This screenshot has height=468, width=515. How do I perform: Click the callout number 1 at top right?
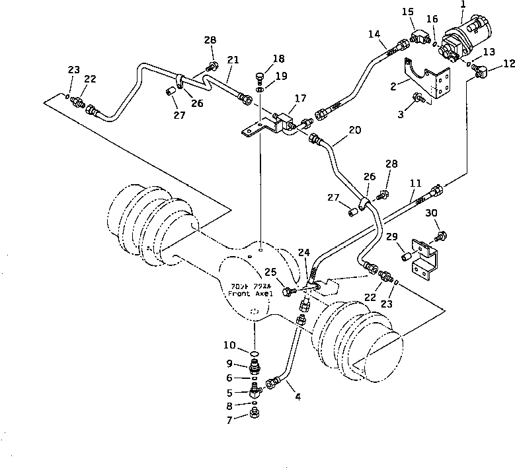pos(463,5)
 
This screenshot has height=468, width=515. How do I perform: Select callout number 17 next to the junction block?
pos(300,99)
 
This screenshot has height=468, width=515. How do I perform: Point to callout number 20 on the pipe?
pos(354,131)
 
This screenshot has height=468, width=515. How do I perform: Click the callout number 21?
pos(232,60)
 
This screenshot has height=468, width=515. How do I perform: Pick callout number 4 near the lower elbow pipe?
pos(297,397)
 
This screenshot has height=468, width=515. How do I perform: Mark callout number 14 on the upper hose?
pos(374,34)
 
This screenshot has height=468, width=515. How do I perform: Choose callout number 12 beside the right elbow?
pos(508,64)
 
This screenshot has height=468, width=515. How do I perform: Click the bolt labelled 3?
pos(417,99)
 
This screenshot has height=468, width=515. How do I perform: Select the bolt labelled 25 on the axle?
pos(288,291)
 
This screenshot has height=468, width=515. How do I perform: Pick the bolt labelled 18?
pos(259,77)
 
